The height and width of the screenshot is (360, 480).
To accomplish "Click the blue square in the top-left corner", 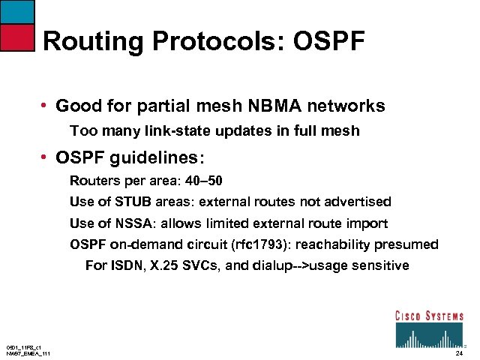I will (17, 11).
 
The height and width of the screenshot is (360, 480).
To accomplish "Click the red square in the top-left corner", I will (17, 35).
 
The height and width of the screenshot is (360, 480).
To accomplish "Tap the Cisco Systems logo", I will (429, 327).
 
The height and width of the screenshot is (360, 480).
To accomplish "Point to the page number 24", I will (459, 352).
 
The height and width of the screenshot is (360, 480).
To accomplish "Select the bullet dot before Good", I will (46, 106).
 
